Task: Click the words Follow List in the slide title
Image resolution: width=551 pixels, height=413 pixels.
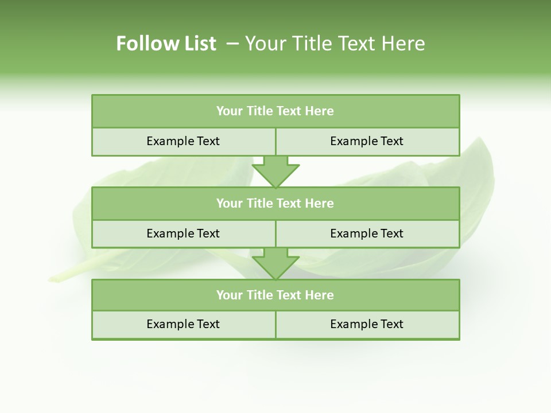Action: point(166,44)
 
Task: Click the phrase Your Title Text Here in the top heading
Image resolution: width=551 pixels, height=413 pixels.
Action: point(335,44)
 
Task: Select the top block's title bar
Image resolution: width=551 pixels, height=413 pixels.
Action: point(275,111)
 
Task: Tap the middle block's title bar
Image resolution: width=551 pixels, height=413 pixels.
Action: point(275,204)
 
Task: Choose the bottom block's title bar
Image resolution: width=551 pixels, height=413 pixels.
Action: point(275,295)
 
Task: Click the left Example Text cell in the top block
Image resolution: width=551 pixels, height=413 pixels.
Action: point(183,142)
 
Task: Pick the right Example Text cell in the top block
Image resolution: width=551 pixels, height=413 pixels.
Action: point(367,142)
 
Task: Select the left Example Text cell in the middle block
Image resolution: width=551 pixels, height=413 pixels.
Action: point(183,234)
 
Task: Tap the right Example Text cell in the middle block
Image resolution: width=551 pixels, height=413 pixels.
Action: point(367,234)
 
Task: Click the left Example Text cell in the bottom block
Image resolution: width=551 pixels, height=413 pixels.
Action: point(183,325)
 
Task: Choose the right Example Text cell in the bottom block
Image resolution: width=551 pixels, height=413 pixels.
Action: point(367,325)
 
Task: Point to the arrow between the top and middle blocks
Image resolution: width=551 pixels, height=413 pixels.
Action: point(275,172)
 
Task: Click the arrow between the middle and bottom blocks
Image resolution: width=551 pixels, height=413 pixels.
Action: point(275,264)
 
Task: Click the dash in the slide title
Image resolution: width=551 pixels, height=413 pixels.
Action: point(232,44)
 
